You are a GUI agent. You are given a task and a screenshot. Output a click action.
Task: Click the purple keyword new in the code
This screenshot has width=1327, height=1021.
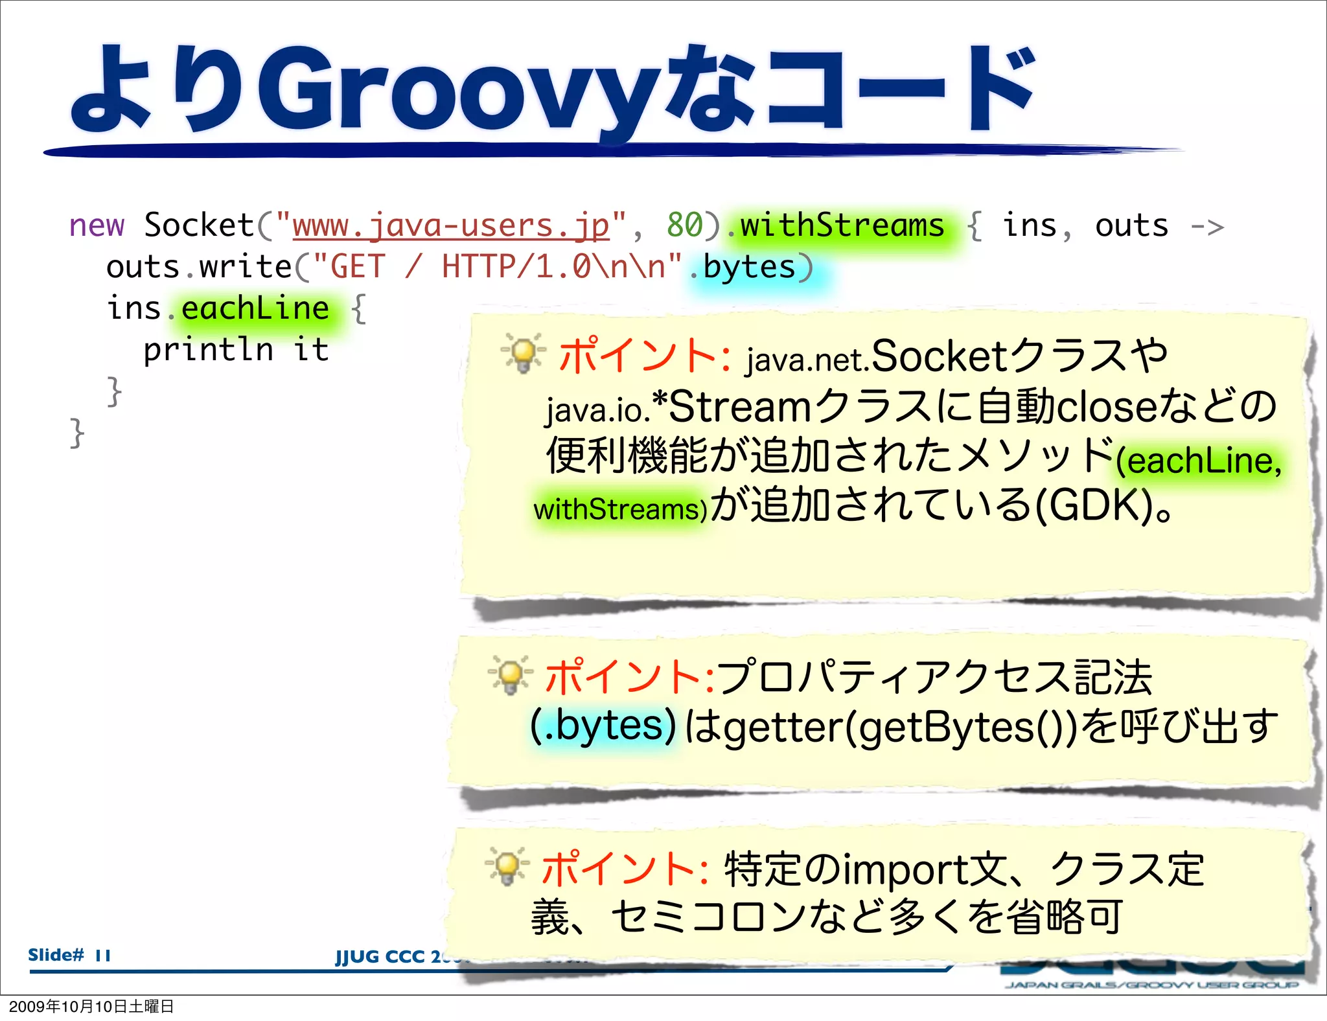pyautogui.click(x=97, y=225)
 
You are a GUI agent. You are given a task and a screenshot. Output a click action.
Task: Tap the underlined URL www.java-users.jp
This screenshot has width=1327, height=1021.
pyautogui.click(x=451, y=225)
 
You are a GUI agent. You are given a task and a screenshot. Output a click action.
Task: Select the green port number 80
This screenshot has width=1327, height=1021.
pyautogui.click(x=684, y=225)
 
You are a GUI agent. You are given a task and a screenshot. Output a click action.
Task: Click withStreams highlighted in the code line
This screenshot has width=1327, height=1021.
pyautogui.click(x=842, y=225)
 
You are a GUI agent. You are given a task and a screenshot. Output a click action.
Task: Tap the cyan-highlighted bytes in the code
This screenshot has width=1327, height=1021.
pyautogui.click(x=749, y=268)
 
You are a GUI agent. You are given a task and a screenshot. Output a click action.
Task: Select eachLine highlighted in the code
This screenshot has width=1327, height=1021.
pyautogui.click(x=255, y=308)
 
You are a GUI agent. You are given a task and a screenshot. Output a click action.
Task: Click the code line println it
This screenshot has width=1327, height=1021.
pyautogui.click(x=236, y=350)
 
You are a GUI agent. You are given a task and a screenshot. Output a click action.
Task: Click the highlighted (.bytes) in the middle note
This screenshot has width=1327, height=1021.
pyautogui.click(x=603, y=726)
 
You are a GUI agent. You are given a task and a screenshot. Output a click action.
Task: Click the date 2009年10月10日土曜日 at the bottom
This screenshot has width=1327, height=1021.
pyautogui.click(x=91, y=1006)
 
